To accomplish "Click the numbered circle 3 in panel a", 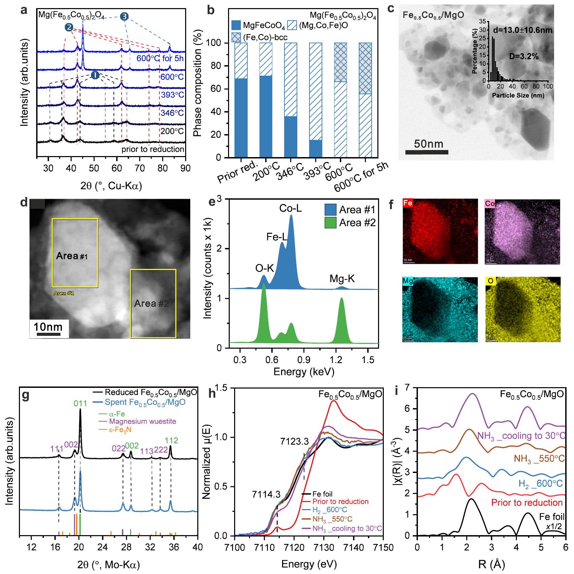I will click(x=124, y=16).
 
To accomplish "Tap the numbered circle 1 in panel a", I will click(x=95, y=75).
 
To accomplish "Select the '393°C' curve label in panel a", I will click(x=172, y=95).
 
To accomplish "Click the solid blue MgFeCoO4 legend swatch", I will click(x=236, y=25).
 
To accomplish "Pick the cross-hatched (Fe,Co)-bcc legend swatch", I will click(x=236, y=37).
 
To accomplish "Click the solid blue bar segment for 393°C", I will click(x=316, y=149).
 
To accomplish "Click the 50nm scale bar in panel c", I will click(x=427, y=152).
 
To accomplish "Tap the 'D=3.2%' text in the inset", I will click(x=524, y=57).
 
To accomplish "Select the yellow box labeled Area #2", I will click(x=153, y=303).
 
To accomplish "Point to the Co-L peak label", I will click(x=291, y=208).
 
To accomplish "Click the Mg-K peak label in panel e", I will click(x=342, y=279).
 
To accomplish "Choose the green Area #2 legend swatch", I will click(x=330, y=223).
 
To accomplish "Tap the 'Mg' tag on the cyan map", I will click(x=408, y=281).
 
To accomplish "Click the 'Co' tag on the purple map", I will click(x=490, y=204).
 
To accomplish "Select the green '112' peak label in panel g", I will click(x=171, y=441).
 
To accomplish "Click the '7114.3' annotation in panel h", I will click(x=266, y=495).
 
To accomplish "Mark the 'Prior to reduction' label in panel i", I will click(x=527, y=502).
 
